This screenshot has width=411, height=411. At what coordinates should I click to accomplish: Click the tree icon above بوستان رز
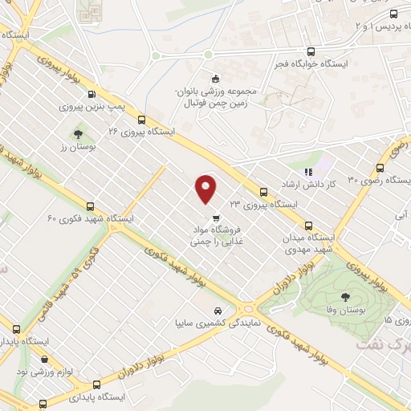[x=78, y=135]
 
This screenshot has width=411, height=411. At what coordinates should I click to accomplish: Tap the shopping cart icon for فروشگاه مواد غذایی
[x=215, y=218]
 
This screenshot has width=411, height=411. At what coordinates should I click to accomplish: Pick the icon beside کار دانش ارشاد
[x=306, y=171]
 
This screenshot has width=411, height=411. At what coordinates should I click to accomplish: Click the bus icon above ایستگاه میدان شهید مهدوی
[x=309, y=226]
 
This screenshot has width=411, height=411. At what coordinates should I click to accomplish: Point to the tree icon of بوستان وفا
[x=347, y=295]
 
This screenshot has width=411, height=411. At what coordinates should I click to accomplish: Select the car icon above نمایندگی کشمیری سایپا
[x=217, y=310]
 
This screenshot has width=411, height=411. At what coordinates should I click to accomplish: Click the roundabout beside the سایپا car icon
[x=247, y=308]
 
